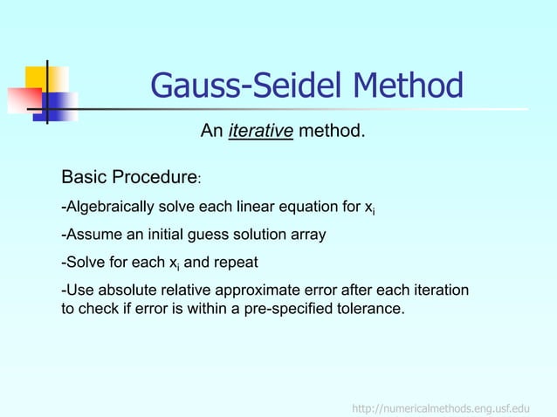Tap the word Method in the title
408,86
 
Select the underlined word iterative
260,132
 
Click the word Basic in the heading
84,179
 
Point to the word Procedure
154,179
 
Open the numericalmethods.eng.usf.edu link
441,408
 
